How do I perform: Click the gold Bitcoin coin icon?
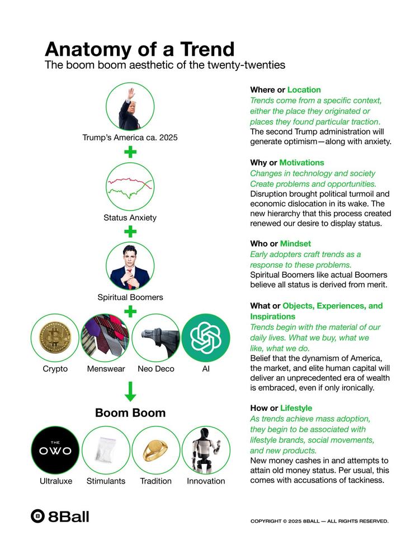pyautogui.click(x=55, y=338)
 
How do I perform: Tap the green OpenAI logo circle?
pyautogui.click(x=206, y=338)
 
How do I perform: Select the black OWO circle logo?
pyautogui.click(x=55, y=450)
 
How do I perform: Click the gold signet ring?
pyautogui.click(x=155, y=450)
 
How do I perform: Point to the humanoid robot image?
pyautogui.click(x=206, y=450)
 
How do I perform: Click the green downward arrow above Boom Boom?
pyautogui.click(x=130, y=392)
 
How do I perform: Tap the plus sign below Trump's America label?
pyautogui.click(x=130, y=152)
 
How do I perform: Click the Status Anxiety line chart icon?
pyautogui.click(x=130, y=187)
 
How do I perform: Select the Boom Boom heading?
pyautogui.click(x=130, y=413)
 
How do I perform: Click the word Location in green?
pyautogui.click(x=304, y=90)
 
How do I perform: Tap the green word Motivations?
pyautogui.click(x=301, y=163)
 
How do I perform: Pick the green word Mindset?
pyautogui.click(x=295, y=244)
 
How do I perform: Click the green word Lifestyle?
pyautogui.click(x=296, y=408)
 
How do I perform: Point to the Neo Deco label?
pyautogui.click(x=156, y=369)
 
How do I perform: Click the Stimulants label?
pyautogui.click(x=106, y=481)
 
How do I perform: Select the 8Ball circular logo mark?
pyautogui.click(x=37, y=516)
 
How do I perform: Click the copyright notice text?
pyautogui.click(x=319, y=521)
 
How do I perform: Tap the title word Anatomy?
pyautogui.click(x=88, y=49)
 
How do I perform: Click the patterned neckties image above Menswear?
pyautogui.click(x=105, y=338)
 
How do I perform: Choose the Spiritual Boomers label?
pyautogui.click(x=130, y=297)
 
